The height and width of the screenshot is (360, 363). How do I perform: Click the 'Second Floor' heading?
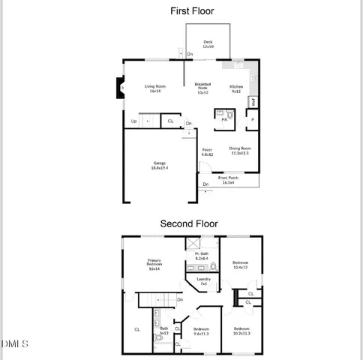click(x=189, y=223)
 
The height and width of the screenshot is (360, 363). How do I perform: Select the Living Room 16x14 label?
click(x=155, y=88)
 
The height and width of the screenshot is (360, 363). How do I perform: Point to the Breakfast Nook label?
click(x=202, y=88)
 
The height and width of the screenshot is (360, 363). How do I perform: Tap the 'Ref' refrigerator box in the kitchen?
click(x=253, y=101)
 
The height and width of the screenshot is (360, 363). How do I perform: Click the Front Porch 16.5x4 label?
click(x=229, y=179)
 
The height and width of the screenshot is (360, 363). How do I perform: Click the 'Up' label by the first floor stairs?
click(x=134, y=121)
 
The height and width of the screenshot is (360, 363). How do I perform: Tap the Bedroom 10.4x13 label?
click(x=241, y=265)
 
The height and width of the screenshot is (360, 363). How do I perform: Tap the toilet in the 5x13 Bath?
click(x=159, y=339)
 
